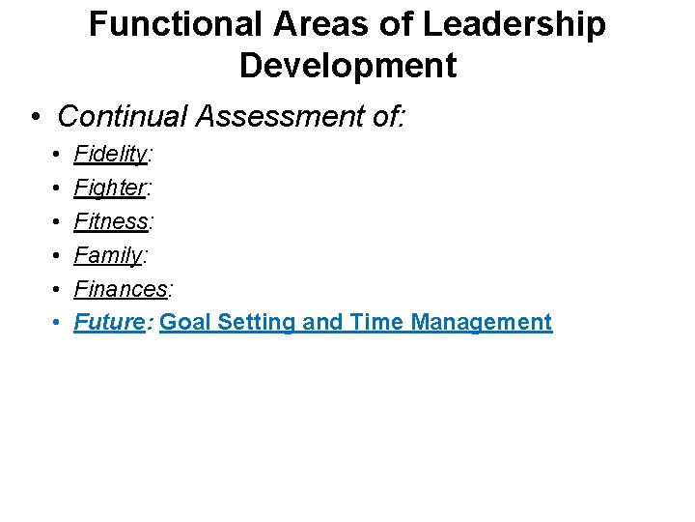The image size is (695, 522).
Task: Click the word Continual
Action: pos(123,117)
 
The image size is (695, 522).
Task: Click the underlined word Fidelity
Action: pos(111,154)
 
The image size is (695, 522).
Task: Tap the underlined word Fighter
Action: pos(110,188)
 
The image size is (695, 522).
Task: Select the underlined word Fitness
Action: pos(112,221)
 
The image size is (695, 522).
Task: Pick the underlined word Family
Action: pos(108,255)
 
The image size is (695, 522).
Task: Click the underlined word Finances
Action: pos(121,288)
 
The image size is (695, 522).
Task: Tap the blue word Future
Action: pos(109,322)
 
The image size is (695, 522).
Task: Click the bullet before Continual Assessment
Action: pos(35,118)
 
